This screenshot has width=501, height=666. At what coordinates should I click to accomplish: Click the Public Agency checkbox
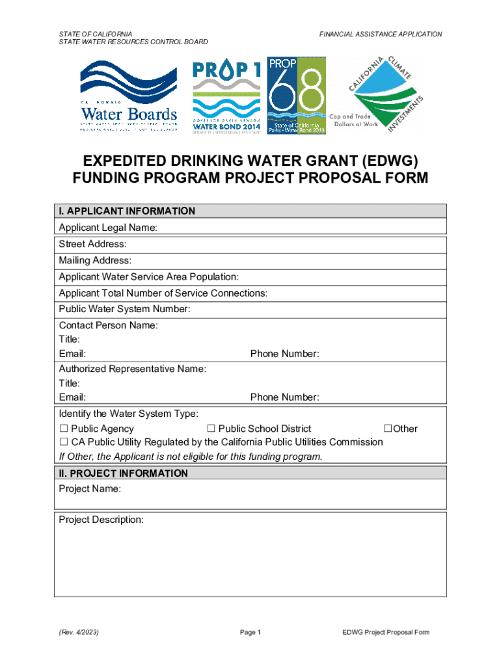[63, 429]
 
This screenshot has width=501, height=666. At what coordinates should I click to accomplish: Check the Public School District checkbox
[211, 429]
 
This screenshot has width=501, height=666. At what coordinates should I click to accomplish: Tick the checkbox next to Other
[388, 429]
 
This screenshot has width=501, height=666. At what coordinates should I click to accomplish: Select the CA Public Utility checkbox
[63, 442]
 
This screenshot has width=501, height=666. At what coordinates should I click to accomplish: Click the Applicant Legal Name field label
[108, 228]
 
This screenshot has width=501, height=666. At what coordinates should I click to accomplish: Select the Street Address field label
[92, 245]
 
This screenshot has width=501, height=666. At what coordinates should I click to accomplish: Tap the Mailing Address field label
[95, 261]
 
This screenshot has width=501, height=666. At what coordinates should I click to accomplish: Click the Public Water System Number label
[124, 309]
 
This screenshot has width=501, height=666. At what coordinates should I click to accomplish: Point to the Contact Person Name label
[108, 325]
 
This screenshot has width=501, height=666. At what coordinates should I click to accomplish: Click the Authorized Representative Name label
[133, 369]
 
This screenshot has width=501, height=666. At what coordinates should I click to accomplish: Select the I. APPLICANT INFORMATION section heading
[127, 211]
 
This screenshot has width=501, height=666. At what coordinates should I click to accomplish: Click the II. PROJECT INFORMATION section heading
[123, 473]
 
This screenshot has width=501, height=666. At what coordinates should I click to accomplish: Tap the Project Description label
[101, 520]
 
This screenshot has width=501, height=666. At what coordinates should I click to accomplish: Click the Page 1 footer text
[250, 632]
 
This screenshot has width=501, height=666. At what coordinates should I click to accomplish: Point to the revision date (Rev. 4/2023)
[79, 632]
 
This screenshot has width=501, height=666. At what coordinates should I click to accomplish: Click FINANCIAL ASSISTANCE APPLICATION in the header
[381, 34]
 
